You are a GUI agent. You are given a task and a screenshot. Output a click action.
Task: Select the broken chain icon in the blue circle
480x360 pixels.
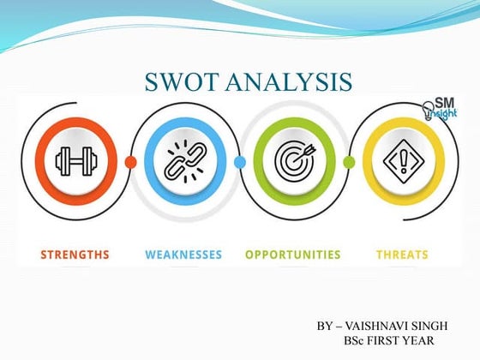point(183,160)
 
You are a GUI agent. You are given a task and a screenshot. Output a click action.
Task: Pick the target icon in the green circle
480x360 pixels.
point(293,160)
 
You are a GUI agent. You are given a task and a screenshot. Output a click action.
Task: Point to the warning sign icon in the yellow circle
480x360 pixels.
point(403,160)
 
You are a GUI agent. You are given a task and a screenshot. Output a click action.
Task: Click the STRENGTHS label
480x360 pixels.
point(75,255)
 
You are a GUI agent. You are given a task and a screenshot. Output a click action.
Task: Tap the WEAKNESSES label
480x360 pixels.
point(183,255)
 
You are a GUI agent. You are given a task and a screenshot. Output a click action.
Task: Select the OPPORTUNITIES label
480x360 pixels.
point(292,255)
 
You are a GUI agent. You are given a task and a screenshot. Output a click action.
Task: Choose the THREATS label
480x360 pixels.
point(403,255)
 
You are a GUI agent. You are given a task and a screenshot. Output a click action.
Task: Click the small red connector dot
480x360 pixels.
point(130,161)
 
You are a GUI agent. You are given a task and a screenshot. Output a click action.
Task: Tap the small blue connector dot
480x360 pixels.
point(240,161)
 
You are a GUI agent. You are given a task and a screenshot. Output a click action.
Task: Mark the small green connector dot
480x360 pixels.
point(349,161)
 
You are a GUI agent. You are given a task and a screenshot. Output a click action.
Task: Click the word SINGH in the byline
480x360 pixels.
point(437,327)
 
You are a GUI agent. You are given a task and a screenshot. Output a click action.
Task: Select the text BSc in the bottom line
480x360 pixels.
point(354,341)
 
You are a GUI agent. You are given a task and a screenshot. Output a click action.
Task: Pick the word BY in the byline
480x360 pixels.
point(324,327)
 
